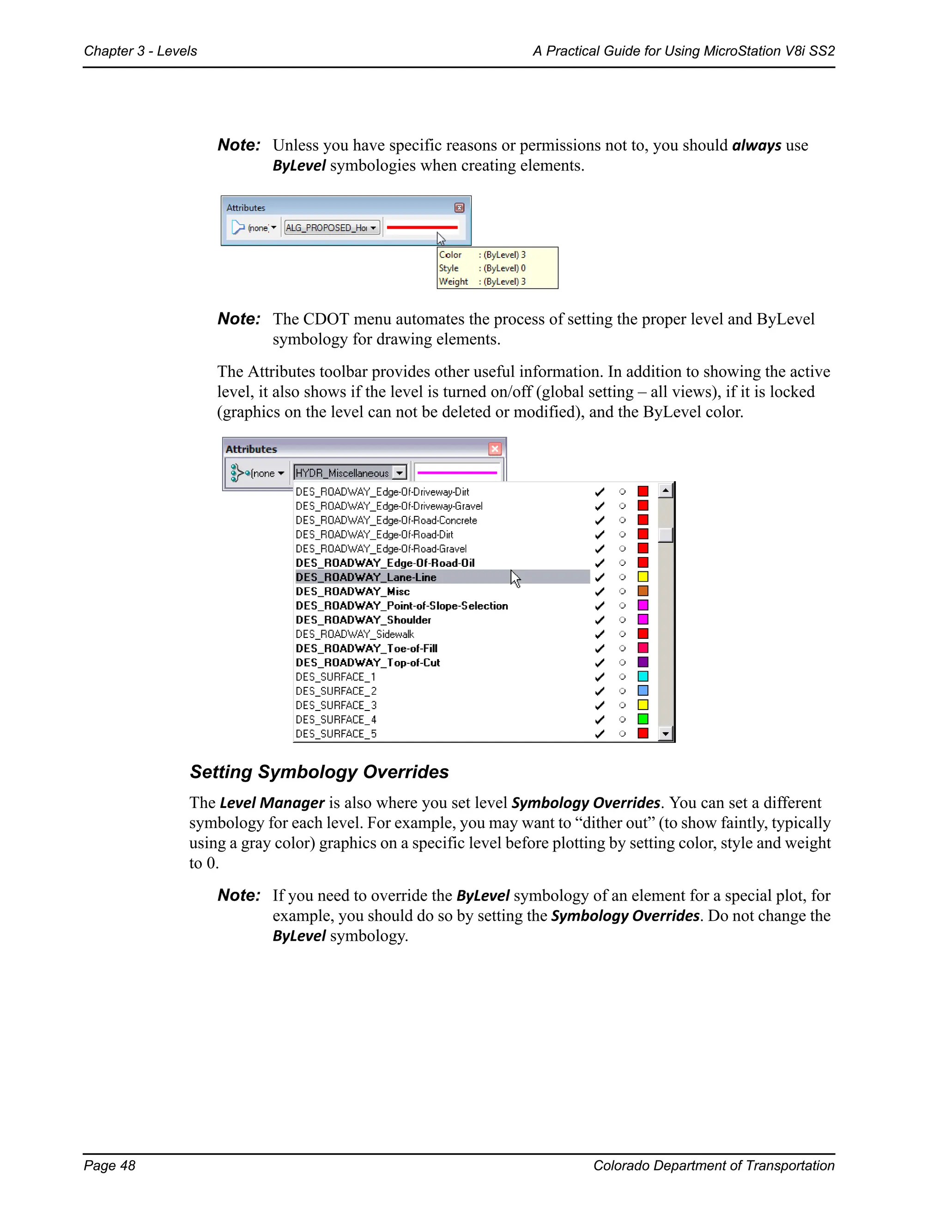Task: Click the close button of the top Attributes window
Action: point(459,208)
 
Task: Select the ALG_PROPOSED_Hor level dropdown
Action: point(332,228)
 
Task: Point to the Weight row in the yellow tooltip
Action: point(482,282)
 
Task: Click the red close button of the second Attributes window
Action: point(494,449)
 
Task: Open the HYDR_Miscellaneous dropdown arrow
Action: point(399,473)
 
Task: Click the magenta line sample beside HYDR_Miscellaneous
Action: point(457,473)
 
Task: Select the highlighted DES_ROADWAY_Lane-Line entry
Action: point(366,577)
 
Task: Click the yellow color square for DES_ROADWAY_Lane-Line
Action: point(643,576)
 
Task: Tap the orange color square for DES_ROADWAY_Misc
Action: point(643,591)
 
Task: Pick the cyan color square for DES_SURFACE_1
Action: point(643,676)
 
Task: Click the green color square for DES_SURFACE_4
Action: point(643,719)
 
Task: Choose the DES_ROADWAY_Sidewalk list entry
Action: point(355,634)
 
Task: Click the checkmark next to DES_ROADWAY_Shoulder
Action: point(600,620)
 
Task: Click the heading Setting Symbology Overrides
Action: point(319,772)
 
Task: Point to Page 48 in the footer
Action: point(110,1165)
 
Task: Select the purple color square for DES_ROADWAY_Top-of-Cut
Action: point(643,662)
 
